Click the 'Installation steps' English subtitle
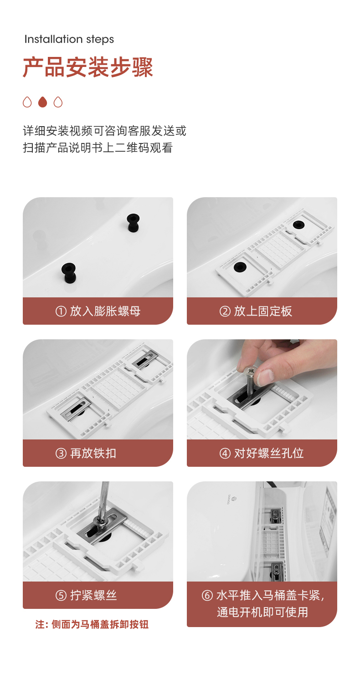[x=69, y=39]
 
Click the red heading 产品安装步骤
[x=87, y=67]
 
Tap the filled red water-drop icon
[x=42, y=102]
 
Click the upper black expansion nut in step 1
[x=133, y=223]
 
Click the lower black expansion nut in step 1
[x=68, y=273]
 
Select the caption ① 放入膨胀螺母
[x=98, y=311]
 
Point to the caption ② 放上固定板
[x=256, y=311]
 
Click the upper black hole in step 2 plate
[x=298, y=225]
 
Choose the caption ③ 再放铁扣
[x=86, y=453]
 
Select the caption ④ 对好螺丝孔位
[x=262, y=453]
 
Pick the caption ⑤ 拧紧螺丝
[x=86, y=595]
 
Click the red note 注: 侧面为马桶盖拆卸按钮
[x=92, y=625]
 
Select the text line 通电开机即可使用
[x=262, y=612]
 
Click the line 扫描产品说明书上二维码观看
[x=98, y=148]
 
